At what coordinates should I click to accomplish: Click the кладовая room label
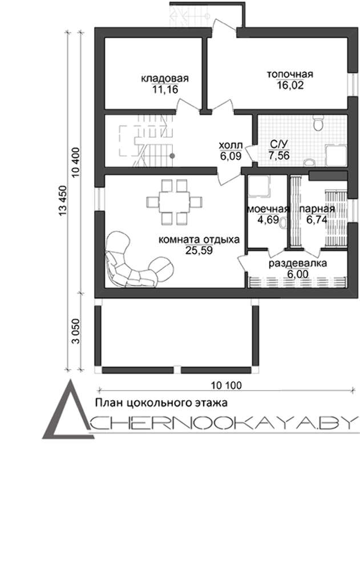pos(165,79)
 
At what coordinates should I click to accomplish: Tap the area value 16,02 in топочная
pos(290,85)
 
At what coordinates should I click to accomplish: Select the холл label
pos(230,146)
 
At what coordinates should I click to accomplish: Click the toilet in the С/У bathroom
pos(318,123)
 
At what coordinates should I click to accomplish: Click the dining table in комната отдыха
pos(174,202)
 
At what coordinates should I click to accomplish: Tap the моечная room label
pos(268,210)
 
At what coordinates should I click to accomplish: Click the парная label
pos(317,210)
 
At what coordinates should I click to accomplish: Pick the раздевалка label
pos(298,263)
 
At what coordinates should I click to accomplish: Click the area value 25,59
pos(199,251)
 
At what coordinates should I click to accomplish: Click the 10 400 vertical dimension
pos(75,162)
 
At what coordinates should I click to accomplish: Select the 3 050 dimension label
pos(75,332)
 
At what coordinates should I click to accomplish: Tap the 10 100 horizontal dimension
pos(226,385)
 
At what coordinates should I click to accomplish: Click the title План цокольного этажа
pos(161,403)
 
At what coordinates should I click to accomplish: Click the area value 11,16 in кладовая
pos(165,90)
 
